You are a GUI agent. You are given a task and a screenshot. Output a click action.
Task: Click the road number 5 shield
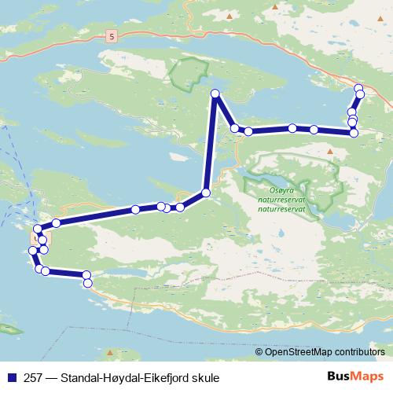pos(112,36)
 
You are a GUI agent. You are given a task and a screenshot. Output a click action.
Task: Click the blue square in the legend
pos(10,378)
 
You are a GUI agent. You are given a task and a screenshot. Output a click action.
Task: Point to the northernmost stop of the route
pos(358,88)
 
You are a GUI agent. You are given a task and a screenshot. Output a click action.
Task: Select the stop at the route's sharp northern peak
pos(215,94)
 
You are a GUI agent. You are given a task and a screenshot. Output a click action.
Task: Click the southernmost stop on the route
pos(87,282)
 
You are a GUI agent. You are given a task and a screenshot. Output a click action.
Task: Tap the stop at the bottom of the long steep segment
pos(206,193)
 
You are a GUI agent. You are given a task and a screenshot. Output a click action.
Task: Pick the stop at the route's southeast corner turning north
pos(354,133)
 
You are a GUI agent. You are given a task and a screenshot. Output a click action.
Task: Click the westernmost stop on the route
pos(32,251)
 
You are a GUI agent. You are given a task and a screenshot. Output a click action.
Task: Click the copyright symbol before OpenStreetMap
pos(259,353)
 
